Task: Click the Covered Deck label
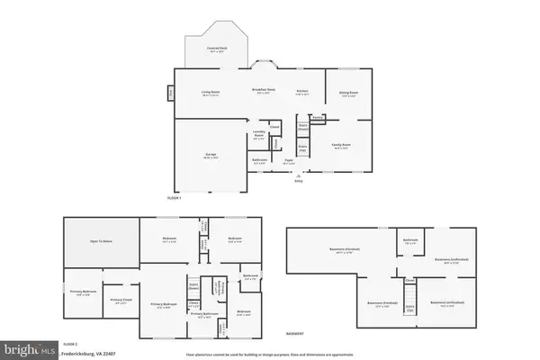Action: (x=215, y=51)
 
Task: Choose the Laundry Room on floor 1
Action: (x=259, y=137)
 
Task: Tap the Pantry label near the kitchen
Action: (x=317, y=117)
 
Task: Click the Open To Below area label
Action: (x=99, y=242)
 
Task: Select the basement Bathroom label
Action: (x=409, y=239)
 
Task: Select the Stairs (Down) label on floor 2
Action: (x=193, y=288)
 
